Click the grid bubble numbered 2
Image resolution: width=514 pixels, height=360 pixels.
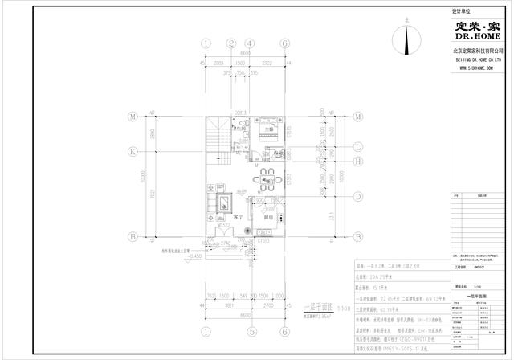(230, 43)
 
